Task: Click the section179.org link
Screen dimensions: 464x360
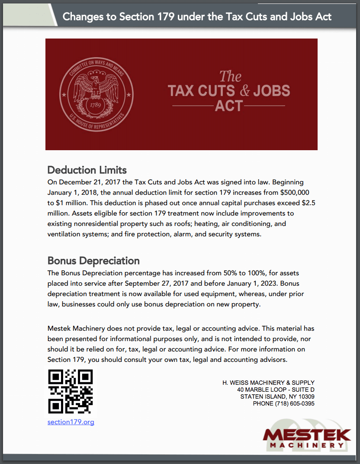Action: point(71,422)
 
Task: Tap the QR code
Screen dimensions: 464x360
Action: point(71,391)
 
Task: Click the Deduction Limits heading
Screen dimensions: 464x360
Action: point(87,169)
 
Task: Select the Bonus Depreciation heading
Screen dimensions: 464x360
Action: point(93,261)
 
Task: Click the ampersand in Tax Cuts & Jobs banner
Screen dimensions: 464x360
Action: point(244,90)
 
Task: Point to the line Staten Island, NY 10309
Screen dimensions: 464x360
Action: point(277,397)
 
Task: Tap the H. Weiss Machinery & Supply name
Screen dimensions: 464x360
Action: point(268,383)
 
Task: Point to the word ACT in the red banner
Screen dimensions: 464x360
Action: point(228,106)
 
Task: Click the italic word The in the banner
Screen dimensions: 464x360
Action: point(230,77)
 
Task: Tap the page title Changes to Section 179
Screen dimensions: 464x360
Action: point(197,17)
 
